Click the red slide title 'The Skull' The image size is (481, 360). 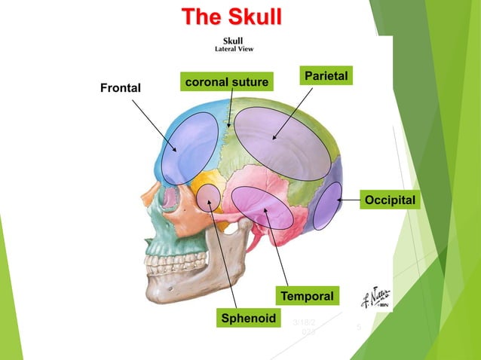point(231,17)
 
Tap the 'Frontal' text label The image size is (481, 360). point(121,88)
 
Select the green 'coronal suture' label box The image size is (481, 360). point(226,81)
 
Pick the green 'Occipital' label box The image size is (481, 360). point(390,200)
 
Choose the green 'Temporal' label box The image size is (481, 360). point(308,296)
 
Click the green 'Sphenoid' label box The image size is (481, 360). point(248,318)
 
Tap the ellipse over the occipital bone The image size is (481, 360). point(327,205)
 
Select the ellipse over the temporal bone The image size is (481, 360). point(262,207)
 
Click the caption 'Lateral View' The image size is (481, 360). point(234,49)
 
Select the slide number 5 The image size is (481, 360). point(359,328)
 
